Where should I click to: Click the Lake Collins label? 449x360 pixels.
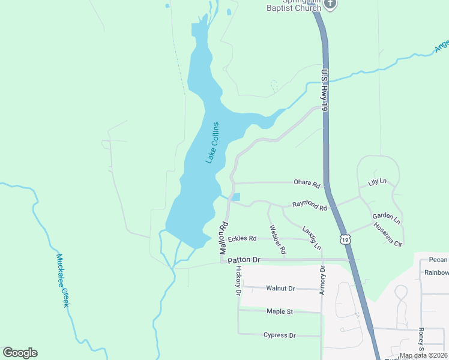click(x=212, y=143)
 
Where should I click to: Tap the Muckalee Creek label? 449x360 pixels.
click(x=63, y=280)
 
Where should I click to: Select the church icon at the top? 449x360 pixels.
click(x=330, y=4)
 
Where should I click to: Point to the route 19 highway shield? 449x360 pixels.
click(x=344, y=239)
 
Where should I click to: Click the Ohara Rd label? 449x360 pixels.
click(x=307, y=182)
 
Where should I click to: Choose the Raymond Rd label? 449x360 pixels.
click(x=310, y=205)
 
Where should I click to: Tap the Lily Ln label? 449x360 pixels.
click(x=378, y=182)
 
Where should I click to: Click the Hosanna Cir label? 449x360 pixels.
click(x=387, y=234)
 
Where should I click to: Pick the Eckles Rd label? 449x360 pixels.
click(x=242, y=238)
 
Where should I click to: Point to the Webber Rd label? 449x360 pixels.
click(x=277, y=238)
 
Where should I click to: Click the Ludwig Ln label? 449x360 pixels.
click(x=312, y=238)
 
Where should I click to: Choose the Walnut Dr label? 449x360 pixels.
click(x=280, y=289)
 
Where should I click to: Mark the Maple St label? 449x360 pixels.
click(x=280, y=312)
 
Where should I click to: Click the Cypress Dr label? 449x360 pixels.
click(x=279, y=335)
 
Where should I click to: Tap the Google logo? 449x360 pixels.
click(x=20, y=353)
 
